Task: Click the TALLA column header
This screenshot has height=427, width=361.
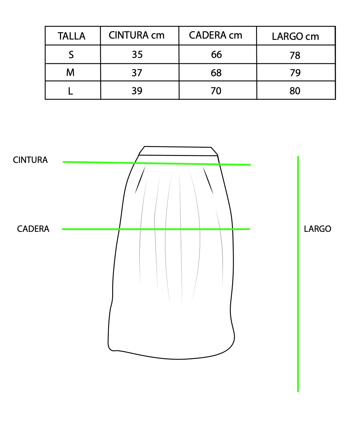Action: [71, 36]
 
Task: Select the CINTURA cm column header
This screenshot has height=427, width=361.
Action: [137, 35]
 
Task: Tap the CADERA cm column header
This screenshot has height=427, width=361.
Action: [215, 35]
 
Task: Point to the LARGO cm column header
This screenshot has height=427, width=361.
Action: [295, 36]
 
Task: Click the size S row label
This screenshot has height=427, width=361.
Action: [71, 55]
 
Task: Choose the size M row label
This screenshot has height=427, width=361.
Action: [70, 72]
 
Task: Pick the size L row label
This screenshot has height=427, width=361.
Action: [70, 91]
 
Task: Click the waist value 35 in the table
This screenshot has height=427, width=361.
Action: [137, 54]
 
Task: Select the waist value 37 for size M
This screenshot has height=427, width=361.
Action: [137, 73]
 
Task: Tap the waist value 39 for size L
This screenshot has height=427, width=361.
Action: [137, 91]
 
